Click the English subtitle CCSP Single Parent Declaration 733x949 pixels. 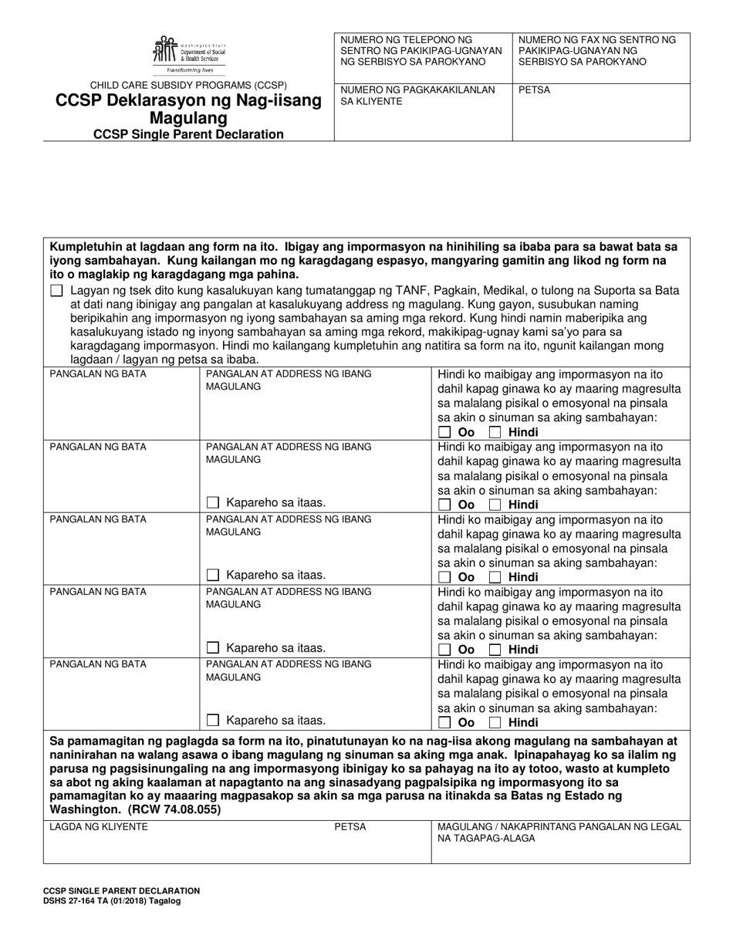188,134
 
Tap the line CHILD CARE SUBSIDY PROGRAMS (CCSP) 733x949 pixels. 188,85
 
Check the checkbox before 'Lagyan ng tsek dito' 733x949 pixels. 56,291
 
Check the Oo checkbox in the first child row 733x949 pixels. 444,432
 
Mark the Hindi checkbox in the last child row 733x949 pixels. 495,723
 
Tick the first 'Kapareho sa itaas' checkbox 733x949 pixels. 213,503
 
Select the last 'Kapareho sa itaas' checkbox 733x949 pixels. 213,721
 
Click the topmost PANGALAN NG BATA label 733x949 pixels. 98,373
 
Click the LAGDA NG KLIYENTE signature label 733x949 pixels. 98,827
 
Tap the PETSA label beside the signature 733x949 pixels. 350,827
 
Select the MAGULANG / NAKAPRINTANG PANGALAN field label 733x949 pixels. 559,832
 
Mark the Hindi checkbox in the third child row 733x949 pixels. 495,577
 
